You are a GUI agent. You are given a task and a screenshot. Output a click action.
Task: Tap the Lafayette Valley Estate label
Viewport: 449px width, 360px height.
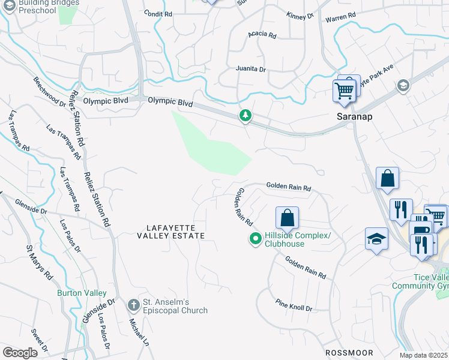[x=175, y=232]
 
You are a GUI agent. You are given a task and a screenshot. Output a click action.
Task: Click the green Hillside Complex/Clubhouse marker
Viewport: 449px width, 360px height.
[x=255, y=239]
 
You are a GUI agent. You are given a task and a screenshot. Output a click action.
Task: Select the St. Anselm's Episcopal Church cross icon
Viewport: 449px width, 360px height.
[x=134, y=305]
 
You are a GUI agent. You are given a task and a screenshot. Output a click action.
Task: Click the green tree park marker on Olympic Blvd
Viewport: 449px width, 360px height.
[x=245, y=115]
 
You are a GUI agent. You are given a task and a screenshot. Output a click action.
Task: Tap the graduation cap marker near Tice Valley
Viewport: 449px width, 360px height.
[x=376, y=239]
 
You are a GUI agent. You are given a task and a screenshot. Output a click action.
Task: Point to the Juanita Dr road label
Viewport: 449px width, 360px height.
[x=250, y=69]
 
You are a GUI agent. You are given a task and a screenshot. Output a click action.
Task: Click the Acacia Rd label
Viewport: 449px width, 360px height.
[x=262, y=35]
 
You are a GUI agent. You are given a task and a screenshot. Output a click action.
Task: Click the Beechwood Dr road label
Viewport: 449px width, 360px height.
[x=49, y=92]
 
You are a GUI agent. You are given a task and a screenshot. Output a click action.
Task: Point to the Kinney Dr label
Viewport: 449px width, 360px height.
[x=300, y=16]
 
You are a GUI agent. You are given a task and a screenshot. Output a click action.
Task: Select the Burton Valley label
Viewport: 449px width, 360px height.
[x=82, y=293]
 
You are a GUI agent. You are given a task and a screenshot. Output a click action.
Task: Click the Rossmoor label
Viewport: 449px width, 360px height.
[x=349, y=353]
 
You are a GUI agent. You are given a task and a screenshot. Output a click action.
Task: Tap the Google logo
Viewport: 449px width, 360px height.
[x=20, y=353]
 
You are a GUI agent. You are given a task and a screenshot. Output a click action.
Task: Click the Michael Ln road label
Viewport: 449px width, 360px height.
[x=139, y=333]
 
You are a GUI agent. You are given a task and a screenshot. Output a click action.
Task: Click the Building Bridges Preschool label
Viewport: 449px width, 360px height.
[x=48, y=7]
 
